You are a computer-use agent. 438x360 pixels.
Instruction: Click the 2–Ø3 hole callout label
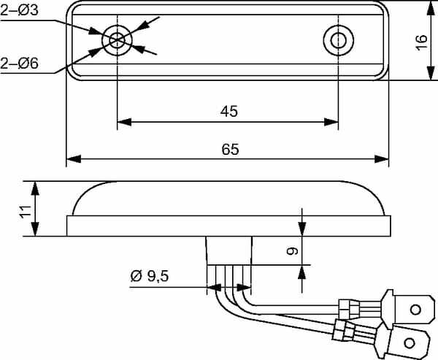(x=19, y=10)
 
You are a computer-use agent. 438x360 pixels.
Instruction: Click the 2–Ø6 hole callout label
(x=19, y=64)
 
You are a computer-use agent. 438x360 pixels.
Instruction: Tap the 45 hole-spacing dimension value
(x=228, y=111)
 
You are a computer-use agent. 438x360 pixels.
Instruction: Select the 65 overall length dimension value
(x=230, y=149)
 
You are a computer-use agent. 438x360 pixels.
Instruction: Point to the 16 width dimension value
(x=421, y=42)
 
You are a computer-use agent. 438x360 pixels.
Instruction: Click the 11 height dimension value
(x=25, y=211)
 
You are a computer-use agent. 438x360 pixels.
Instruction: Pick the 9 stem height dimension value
(x=292, y=251)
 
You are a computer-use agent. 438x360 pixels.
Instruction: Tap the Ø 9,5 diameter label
(x=150, y=276)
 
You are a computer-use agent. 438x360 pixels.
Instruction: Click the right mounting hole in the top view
(x=338, y=40)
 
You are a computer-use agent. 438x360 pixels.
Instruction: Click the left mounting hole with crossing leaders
(x=117, y=40)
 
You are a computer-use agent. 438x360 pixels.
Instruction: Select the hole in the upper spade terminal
(x=415, y=310)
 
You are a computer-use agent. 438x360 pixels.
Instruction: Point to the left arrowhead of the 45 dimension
(x=124, y=122)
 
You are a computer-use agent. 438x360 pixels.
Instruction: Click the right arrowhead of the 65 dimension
(x=382, y=159)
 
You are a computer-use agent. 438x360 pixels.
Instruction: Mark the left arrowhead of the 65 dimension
(x=74, y=159)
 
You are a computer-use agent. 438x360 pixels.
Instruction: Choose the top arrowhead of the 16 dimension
(x=431, y=8)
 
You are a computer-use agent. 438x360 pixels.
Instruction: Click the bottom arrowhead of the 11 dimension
(x=34, y=229)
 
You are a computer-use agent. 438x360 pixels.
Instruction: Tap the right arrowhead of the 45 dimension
(x=331, y=122)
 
